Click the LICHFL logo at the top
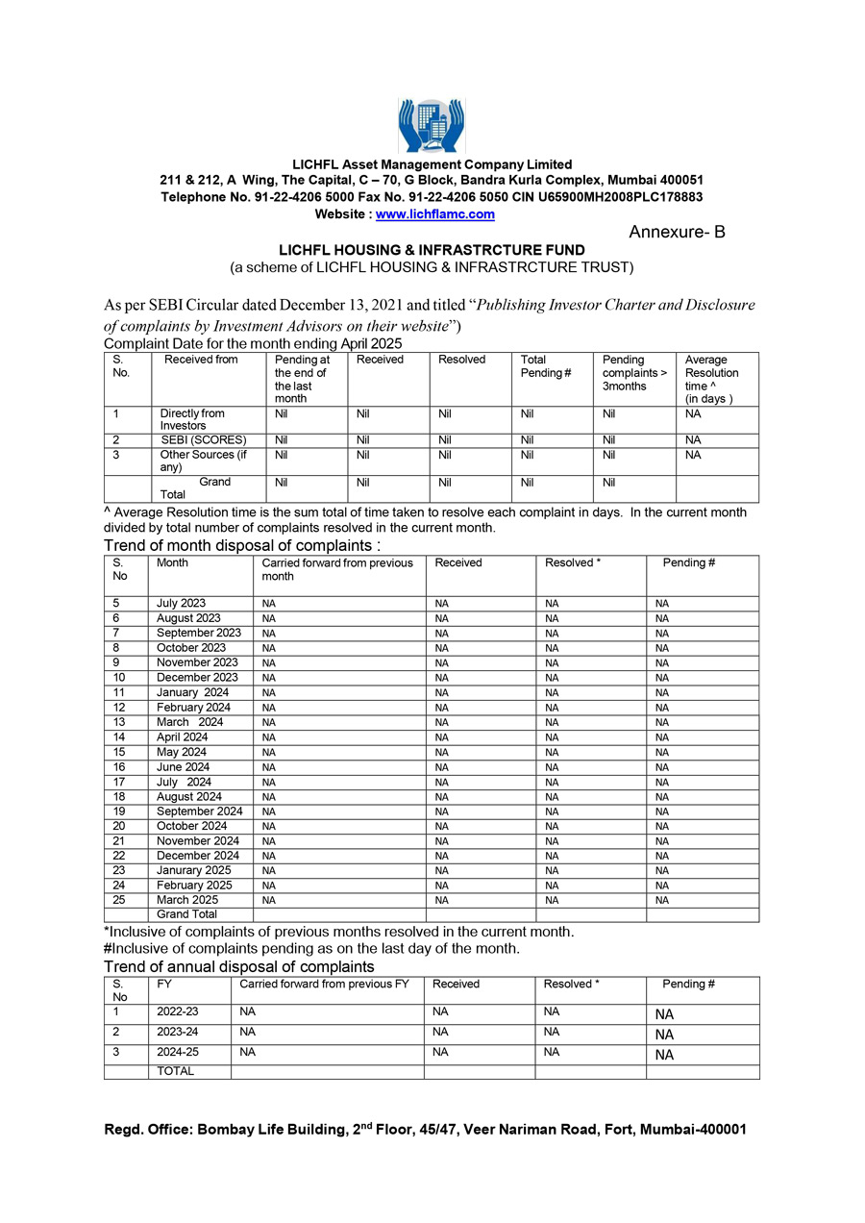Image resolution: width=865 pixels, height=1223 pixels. tap(432, 125)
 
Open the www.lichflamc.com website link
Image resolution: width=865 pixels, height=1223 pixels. tap(434, 214)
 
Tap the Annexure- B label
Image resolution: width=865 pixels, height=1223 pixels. tap(677, 233)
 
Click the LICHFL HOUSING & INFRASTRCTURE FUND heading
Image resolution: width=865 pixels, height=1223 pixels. tap(432, 250)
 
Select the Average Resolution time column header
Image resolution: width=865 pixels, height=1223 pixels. tap(711, 379)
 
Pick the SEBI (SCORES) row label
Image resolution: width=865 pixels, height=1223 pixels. tap(204, 440)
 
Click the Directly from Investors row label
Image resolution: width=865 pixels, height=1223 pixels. tap(192, 419)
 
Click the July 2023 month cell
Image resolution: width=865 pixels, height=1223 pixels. tap(181, 604)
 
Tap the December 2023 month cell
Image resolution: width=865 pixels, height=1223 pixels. tap(197, 678)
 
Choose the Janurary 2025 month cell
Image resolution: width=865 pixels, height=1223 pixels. tap(194, 870)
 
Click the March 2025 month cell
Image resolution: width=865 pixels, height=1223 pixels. tap(187, 900)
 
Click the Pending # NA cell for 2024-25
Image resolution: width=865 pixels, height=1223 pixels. tap(664, 1055)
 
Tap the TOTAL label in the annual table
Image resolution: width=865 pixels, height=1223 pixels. tap(175, 1071)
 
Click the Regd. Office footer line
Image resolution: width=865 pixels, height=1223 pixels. tap(425, 1131)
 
